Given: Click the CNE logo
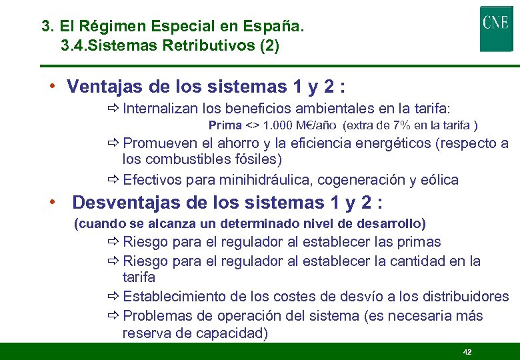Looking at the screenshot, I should tap(496, 28).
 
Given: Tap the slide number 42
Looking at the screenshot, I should tap(467, 351).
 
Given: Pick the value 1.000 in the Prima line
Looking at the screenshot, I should tap(277, 125).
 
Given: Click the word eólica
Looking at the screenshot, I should tap(439, 180).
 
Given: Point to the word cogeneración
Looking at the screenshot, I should tap(357, 180).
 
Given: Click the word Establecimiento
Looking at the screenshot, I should tap(175, 297).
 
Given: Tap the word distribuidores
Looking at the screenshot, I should tap(467, 297).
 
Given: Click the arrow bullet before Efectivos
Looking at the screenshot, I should tap(113, 180).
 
